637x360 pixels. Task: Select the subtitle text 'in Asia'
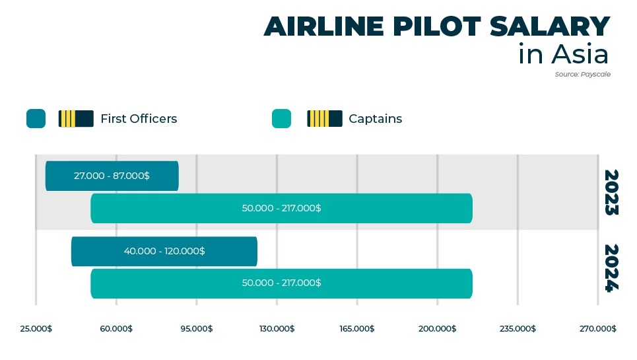pyautogui.click(x=563, y=54)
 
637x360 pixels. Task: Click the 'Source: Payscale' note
pyautogui.click(x=582, y=75)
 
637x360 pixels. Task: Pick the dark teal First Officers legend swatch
pyautogui.click(x=36, y=119)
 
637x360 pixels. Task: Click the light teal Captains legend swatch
pyautogui.click(x=281, y=119)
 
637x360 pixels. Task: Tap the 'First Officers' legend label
pyautogui.click(x=139, y=119)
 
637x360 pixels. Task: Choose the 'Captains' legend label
pyautogui.click(x=375, y=119)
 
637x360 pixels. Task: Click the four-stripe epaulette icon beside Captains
pyautogui.click(x=324, y=119)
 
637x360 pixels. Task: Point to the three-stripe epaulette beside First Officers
pyautogui.click(x=76, y=119)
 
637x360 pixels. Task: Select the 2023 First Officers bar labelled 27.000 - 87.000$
pyautogui.click(x=112, y=176)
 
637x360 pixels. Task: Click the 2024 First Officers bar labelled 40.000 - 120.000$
pyautogui.click(x=164, y=251)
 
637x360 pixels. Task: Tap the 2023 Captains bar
pyautogui.click(x=281, y=208)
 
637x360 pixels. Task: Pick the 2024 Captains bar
pyautogui.click(x=281, y=283)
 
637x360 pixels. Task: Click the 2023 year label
pyautogui.click(x=611, y=193)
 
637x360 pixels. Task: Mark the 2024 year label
pyautogui.click(x=611, y=268)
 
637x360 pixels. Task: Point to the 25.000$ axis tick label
pyautogui.click(x=36, y=329)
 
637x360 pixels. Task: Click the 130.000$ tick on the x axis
pyautogui.click(x=277, y=329)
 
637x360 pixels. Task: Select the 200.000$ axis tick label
pyautogui.click(x=437, y=329)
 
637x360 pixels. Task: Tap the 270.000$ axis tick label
pyautogui.click(x=598, y=329)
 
